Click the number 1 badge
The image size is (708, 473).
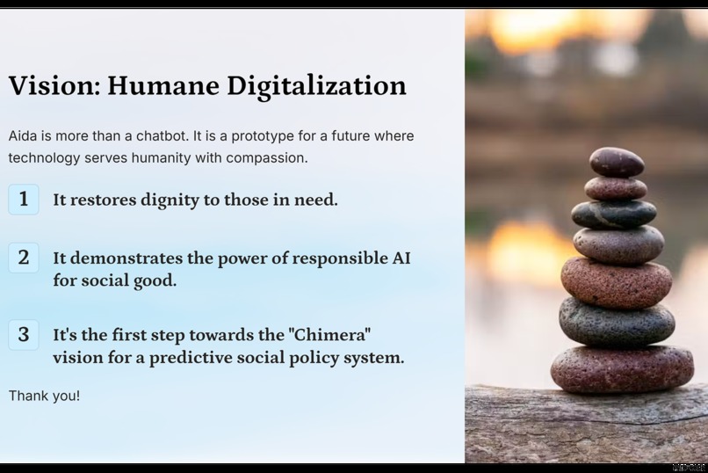click(24, 200)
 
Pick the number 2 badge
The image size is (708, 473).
click(24, 258)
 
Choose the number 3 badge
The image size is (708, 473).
click(24, 335)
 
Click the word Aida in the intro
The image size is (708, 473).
click(24, 136)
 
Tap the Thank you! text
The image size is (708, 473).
click(44, 396)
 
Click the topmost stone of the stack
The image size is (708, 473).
click(616, 161)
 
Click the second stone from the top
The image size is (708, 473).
click(615, 188)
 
